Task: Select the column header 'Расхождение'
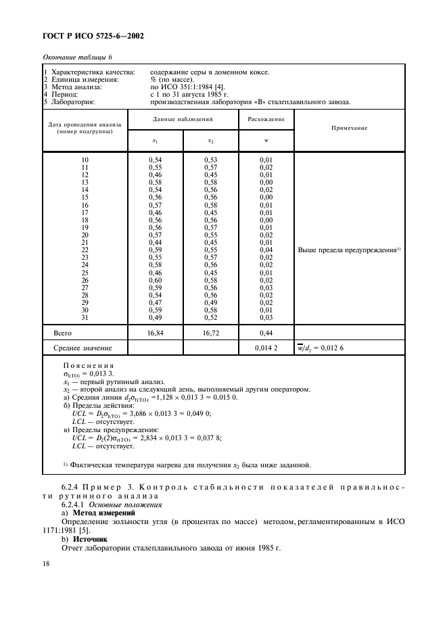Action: click(x=266, y=118)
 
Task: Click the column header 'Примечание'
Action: click(x=350, y=127)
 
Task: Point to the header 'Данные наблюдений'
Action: click(x=182, y=118)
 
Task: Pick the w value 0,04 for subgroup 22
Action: click(x=265, y=250)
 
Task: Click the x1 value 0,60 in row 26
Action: click(x=155, y=279)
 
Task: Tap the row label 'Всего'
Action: click(x=63, y=333)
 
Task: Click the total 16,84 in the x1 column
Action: click(x=155, y=333)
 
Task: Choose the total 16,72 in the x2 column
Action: click(x=210, y=333)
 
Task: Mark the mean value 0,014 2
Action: click(x=265, y=348)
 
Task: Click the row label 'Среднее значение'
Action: click(x=83, y=348)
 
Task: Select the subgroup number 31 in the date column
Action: click(x=85, y=316)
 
